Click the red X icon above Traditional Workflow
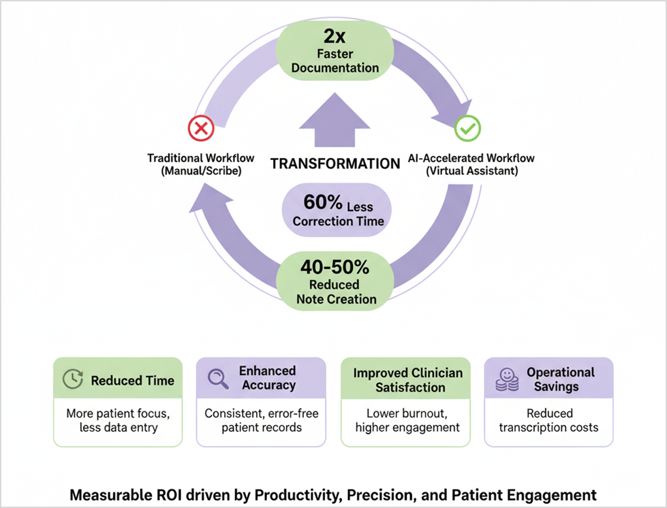tap(200, 127)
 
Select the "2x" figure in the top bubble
tap(334, 35)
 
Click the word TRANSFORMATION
tap(335, 163)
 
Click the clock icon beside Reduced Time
tap(72, 380)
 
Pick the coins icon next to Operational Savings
tap(506, 380)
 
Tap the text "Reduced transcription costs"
tap(548, 420)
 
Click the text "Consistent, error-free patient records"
tap(262, 420)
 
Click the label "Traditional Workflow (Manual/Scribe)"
tap(200, 164)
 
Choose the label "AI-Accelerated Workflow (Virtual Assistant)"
tap(471, 164)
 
